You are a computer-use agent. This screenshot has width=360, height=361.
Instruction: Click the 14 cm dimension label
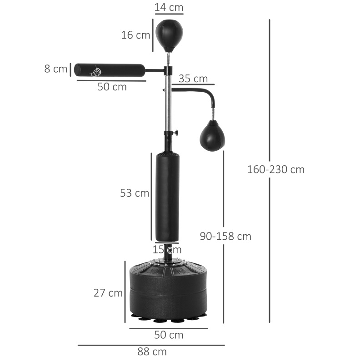[169, 7]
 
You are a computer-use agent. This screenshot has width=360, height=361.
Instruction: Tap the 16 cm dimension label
[135, 35]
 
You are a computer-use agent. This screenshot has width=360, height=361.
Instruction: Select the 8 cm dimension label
[55, 69]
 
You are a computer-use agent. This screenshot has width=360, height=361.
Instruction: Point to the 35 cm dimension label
[193, 79]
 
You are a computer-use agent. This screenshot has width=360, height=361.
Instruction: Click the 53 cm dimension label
[135, 193]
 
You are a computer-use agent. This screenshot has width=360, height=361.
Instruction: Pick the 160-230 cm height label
[275, 169]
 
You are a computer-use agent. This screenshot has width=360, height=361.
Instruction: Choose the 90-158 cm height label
[225, 236]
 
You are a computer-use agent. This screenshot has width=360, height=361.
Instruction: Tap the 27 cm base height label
[108, 293]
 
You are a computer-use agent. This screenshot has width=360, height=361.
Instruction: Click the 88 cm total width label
[152, 351]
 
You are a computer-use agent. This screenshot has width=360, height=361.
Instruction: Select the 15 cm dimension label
[167, 249]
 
